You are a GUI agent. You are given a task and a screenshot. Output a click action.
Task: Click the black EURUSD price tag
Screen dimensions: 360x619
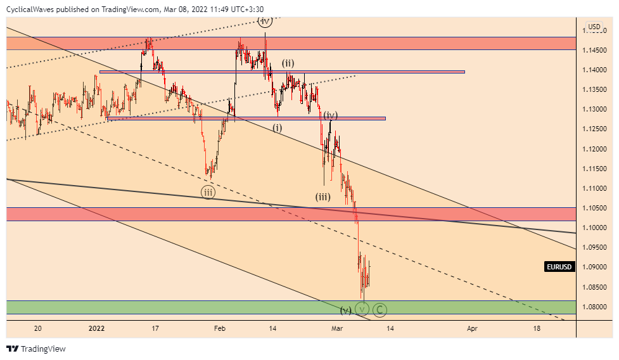pyautogui.click(x=559, y=267)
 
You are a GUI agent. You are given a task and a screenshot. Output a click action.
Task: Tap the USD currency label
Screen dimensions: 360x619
pyautogui.click(x=594, y=27)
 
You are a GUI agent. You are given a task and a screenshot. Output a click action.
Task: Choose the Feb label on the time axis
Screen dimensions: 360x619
pyautogui.click(x=219, y=328)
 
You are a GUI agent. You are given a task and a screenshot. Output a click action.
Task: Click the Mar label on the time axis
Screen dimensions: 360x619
pyautogui.click(x=338, y=328)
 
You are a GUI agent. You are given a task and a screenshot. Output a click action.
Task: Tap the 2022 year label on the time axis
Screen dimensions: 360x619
pyautogui.click(x=96, y=328)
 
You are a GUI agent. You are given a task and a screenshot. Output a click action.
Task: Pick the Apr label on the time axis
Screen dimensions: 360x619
pyautogui.click(x=471, y=328)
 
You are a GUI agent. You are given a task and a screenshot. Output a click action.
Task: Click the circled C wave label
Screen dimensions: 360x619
pyautogui.click(x=380, y=310)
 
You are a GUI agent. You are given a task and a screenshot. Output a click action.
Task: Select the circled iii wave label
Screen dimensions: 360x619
pyautogui.click(x=208, y=192)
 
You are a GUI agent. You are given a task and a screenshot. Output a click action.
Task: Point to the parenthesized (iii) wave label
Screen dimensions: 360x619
pyautogui.click(x=323, y=196)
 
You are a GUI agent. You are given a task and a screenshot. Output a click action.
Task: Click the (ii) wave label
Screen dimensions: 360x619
pyautogui.click(x=288, y=63)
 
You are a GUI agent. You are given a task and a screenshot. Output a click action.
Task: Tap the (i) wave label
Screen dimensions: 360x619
pyautogui.click(x=278, y=127)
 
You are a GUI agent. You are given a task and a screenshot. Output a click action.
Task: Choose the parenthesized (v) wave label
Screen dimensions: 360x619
pyautogui.click(x=345, y=310)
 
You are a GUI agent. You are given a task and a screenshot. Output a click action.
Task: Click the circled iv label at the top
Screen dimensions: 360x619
pyautogui.click(x=265, y=22)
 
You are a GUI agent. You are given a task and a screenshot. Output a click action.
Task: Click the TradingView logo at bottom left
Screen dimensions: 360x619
pyautogui.click(x=36, y=349)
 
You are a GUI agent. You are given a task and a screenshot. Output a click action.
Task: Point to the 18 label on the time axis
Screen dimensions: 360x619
pyautogui.click(x=537, y=328)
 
